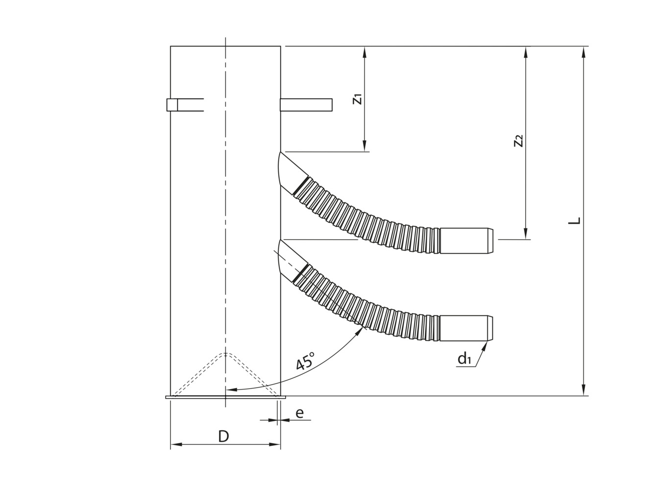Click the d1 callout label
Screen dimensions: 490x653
click(464, 359)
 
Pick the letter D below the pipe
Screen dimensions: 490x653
click(223, 436)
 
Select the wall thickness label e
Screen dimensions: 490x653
click(299, 413)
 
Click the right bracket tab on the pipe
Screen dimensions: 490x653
click(306, 105)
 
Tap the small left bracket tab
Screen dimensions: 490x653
click(172, 105)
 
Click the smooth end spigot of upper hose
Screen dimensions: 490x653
click(466, 241)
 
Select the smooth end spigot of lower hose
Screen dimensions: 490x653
click(466, 328)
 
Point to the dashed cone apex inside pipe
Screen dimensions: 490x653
click(225, 353)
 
